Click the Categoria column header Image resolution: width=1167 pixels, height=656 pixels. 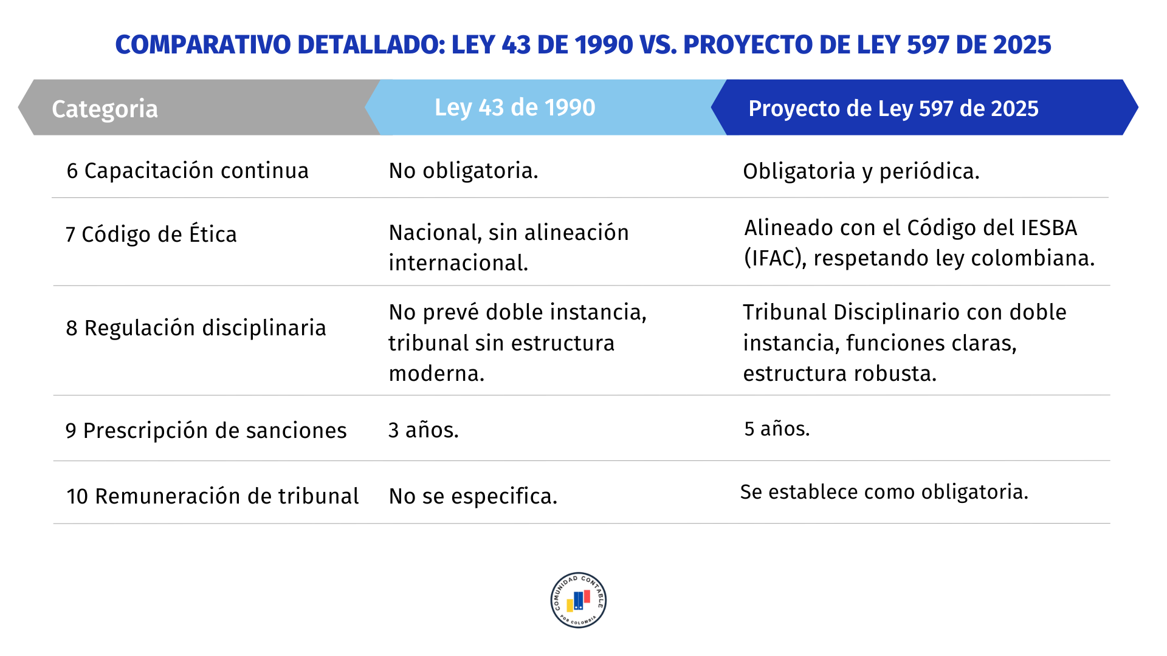point(105,109)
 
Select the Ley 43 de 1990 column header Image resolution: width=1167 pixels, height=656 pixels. point(515,108)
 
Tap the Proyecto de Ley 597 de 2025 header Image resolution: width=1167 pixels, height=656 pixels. point(893,109)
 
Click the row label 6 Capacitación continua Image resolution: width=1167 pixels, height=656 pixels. point(188,171)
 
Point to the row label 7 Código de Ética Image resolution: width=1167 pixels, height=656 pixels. point(151,234)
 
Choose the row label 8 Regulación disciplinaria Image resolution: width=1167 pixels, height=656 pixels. point(196,328)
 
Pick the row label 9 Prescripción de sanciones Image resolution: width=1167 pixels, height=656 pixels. point(206,431)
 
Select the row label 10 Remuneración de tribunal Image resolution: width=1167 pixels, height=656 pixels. point(213,496)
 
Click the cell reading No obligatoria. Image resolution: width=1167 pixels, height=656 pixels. point(464,171)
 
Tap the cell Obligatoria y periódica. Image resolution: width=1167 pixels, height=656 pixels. point(861,172)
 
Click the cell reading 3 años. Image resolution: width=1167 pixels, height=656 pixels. point(424,430)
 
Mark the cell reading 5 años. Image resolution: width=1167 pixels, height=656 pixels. point(777,429)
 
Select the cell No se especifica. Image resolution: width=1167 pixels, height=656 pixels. point(473,496)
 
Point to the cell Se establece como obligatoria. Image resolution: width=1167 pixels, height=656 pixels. point(884,492)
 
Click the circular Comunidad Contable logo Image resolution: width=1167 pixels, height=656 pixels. point(579,600)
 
